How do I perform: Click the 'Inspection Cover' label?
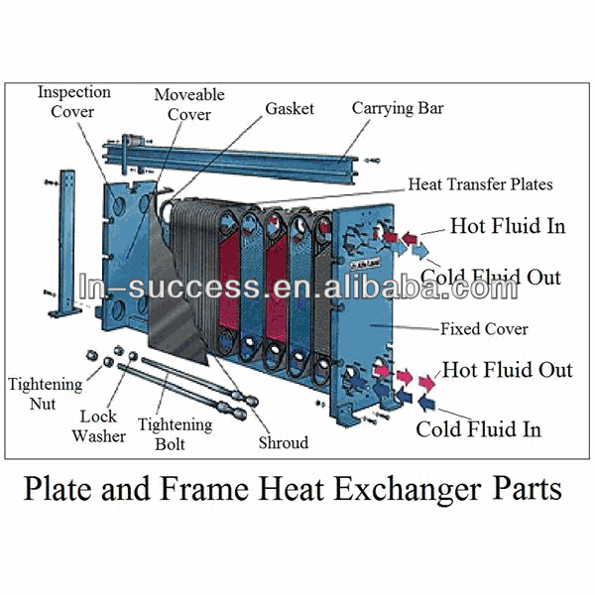click(x=73, y=101)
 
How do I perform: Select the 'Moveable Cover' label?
click(x=188, y=104)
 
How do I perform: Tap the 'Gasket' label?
click(x=291, y=107)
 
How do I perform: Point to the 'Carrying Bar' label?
click(x=398, y=107)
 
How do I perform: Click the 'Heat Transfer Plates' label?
click(x=481, y=184)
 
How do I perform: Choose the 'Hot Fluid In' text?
click(x=507, y=225)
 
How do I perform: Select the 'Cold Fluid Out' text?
click(x=490, y=277)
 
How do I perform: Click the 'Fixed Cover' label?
click(x=485, y=328)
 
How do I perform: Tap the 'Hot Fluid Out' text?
click(x=507, y=370)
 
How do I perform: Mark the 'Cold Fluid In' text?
click(x=478, y=428)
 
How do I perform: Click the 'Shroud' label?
click(x=283, y=442)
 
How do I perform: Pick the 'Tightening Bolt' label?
click(x=175, y=433)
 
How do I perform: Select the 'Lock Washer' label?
click(x=102, y=427)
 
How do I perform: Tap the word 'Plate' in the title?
click(x=61, y=489)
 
